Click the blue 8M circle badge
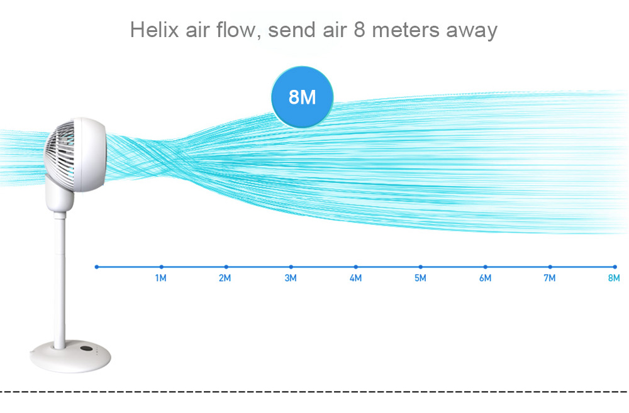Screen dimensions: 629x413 (302, 97)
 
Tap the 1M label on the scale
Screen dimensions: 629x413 (161, 278)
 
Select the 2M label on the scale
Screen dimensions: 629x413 (225, 278)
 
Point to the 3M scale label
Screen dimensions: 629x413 (291, 278)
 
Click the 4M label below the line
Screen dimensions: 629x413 (355, 278)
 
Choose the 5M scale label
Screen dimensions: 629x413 (420, 278)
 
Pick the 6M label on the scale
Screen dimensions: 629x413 (486, 278)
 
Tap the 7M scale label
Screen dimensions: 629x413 (550, 278)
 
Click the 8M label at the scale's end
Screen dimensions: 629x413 (614, 278)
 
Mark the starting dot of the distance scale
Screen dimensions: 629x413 (97, 267)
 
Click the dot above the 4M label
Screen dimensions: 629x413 (356, 267)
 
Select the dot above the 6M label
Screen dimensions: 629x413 (486, 267)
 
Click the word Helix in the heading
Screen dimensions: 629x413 (155, 30)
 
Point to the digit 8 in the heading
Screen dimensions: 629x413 (359, 30)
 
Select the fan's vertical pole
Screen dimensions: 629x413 (60, 281)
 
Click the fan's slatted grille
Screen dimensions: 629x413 (60, 155)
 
